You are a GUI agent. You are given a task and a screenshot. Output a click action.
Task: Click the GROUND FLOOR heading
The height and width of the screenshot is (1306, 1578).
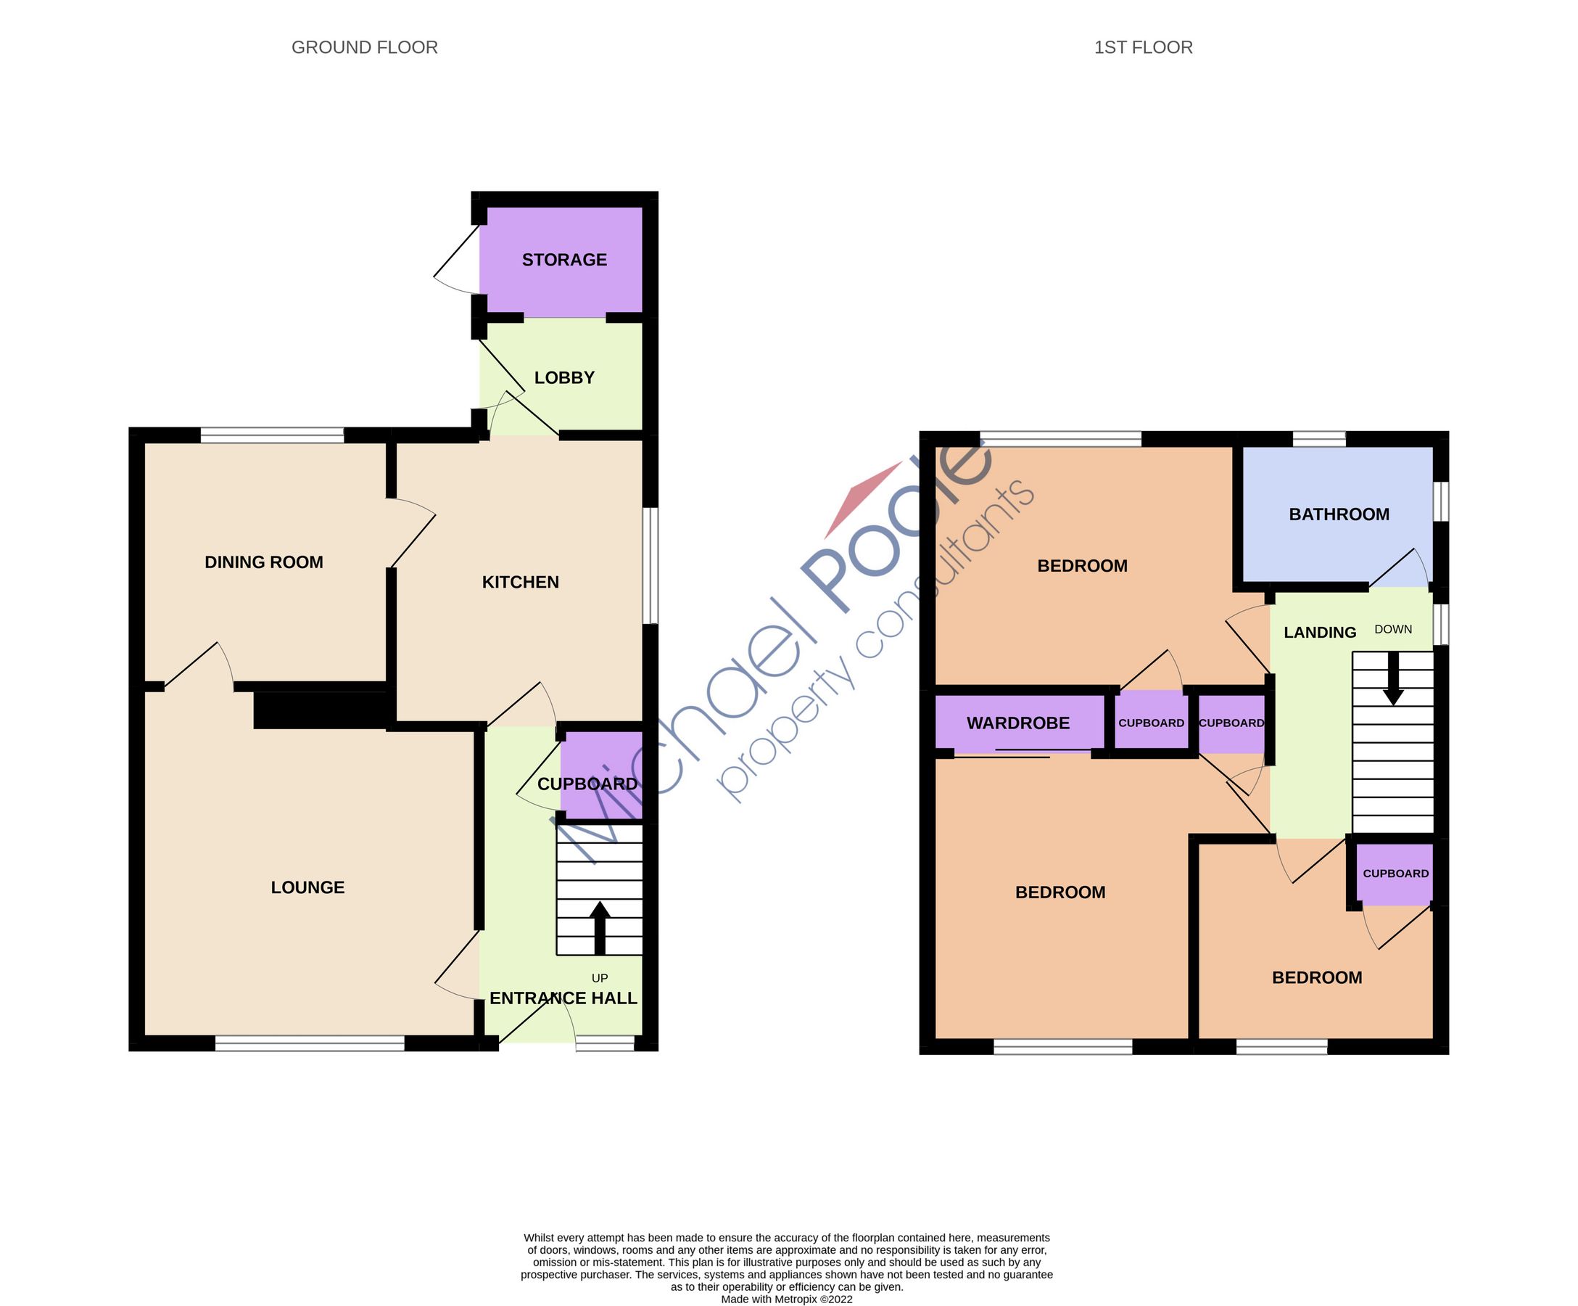pos(365,47)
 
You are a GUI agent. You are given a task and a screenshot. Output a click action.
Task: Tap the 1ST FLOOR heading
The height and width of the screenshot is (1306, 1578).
pos(1143,47)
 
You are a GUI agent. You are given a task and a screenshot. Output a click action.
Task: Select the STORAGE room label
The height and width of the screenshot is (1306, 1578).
pos(564,260)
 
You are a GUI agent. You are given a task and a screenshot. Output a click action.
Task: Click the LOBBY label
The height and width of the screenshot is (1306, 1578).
pos(564,377)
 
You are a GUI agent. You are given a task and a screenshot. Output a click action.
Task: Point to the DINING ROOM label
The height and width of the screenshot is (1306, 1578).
pos(264,562)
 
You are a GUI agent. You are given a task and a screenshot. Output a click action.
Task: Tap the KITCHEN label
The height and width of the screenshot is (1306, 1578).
pos(520,582)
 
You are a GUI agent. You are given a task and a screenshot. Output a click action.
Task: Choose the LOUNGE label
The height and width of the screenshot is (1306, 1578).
pos(307,887)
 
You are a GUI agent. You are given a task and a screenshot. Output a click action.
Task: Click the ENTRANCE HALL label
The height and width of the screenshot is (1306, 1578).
pos(563,998)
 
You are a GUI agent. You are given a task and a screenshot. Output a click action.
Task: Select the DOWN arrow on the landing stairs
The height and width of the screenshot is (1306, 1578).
pos(1393,679)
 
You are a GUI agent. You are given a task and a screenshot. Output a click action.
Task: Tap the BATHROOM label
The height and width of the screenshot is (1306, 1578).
pos(1339,514)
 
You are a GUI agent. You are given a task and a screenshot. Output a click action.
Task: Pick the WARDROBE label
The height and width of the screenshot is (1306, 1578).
pos(1017,723)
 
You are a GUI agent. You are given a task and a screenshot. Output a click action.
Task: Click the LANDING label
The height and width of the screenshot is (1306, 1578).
pos(1320,633)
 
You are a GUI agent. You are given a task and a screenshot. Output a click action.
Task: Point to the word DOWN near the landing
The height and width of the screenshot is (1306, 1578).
pos(1393,629)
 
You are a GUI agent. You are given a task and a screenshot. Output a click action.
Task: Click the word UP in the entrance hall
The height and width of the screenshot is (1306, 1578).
pos(600,978)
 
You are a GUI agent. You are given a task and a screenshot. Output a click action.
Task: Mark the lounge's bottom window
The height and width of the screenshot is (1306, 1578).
pos(310,1043)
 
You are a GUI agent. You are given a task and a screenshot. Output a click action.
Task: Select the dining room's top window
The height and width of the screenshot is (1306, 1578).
pos(272,435)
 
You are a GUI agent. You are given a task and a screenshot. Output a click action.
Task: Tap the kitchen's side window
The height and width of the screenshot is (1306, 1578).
pos(650,565)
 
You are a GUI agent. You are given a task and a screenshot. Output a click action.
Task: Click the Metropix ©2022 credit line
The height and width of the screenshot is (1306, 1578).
pos(787,1299)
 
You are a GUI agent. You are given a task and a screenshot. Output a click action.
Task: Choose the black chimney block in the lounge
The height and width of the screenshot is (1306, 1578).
pos(321,710)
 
